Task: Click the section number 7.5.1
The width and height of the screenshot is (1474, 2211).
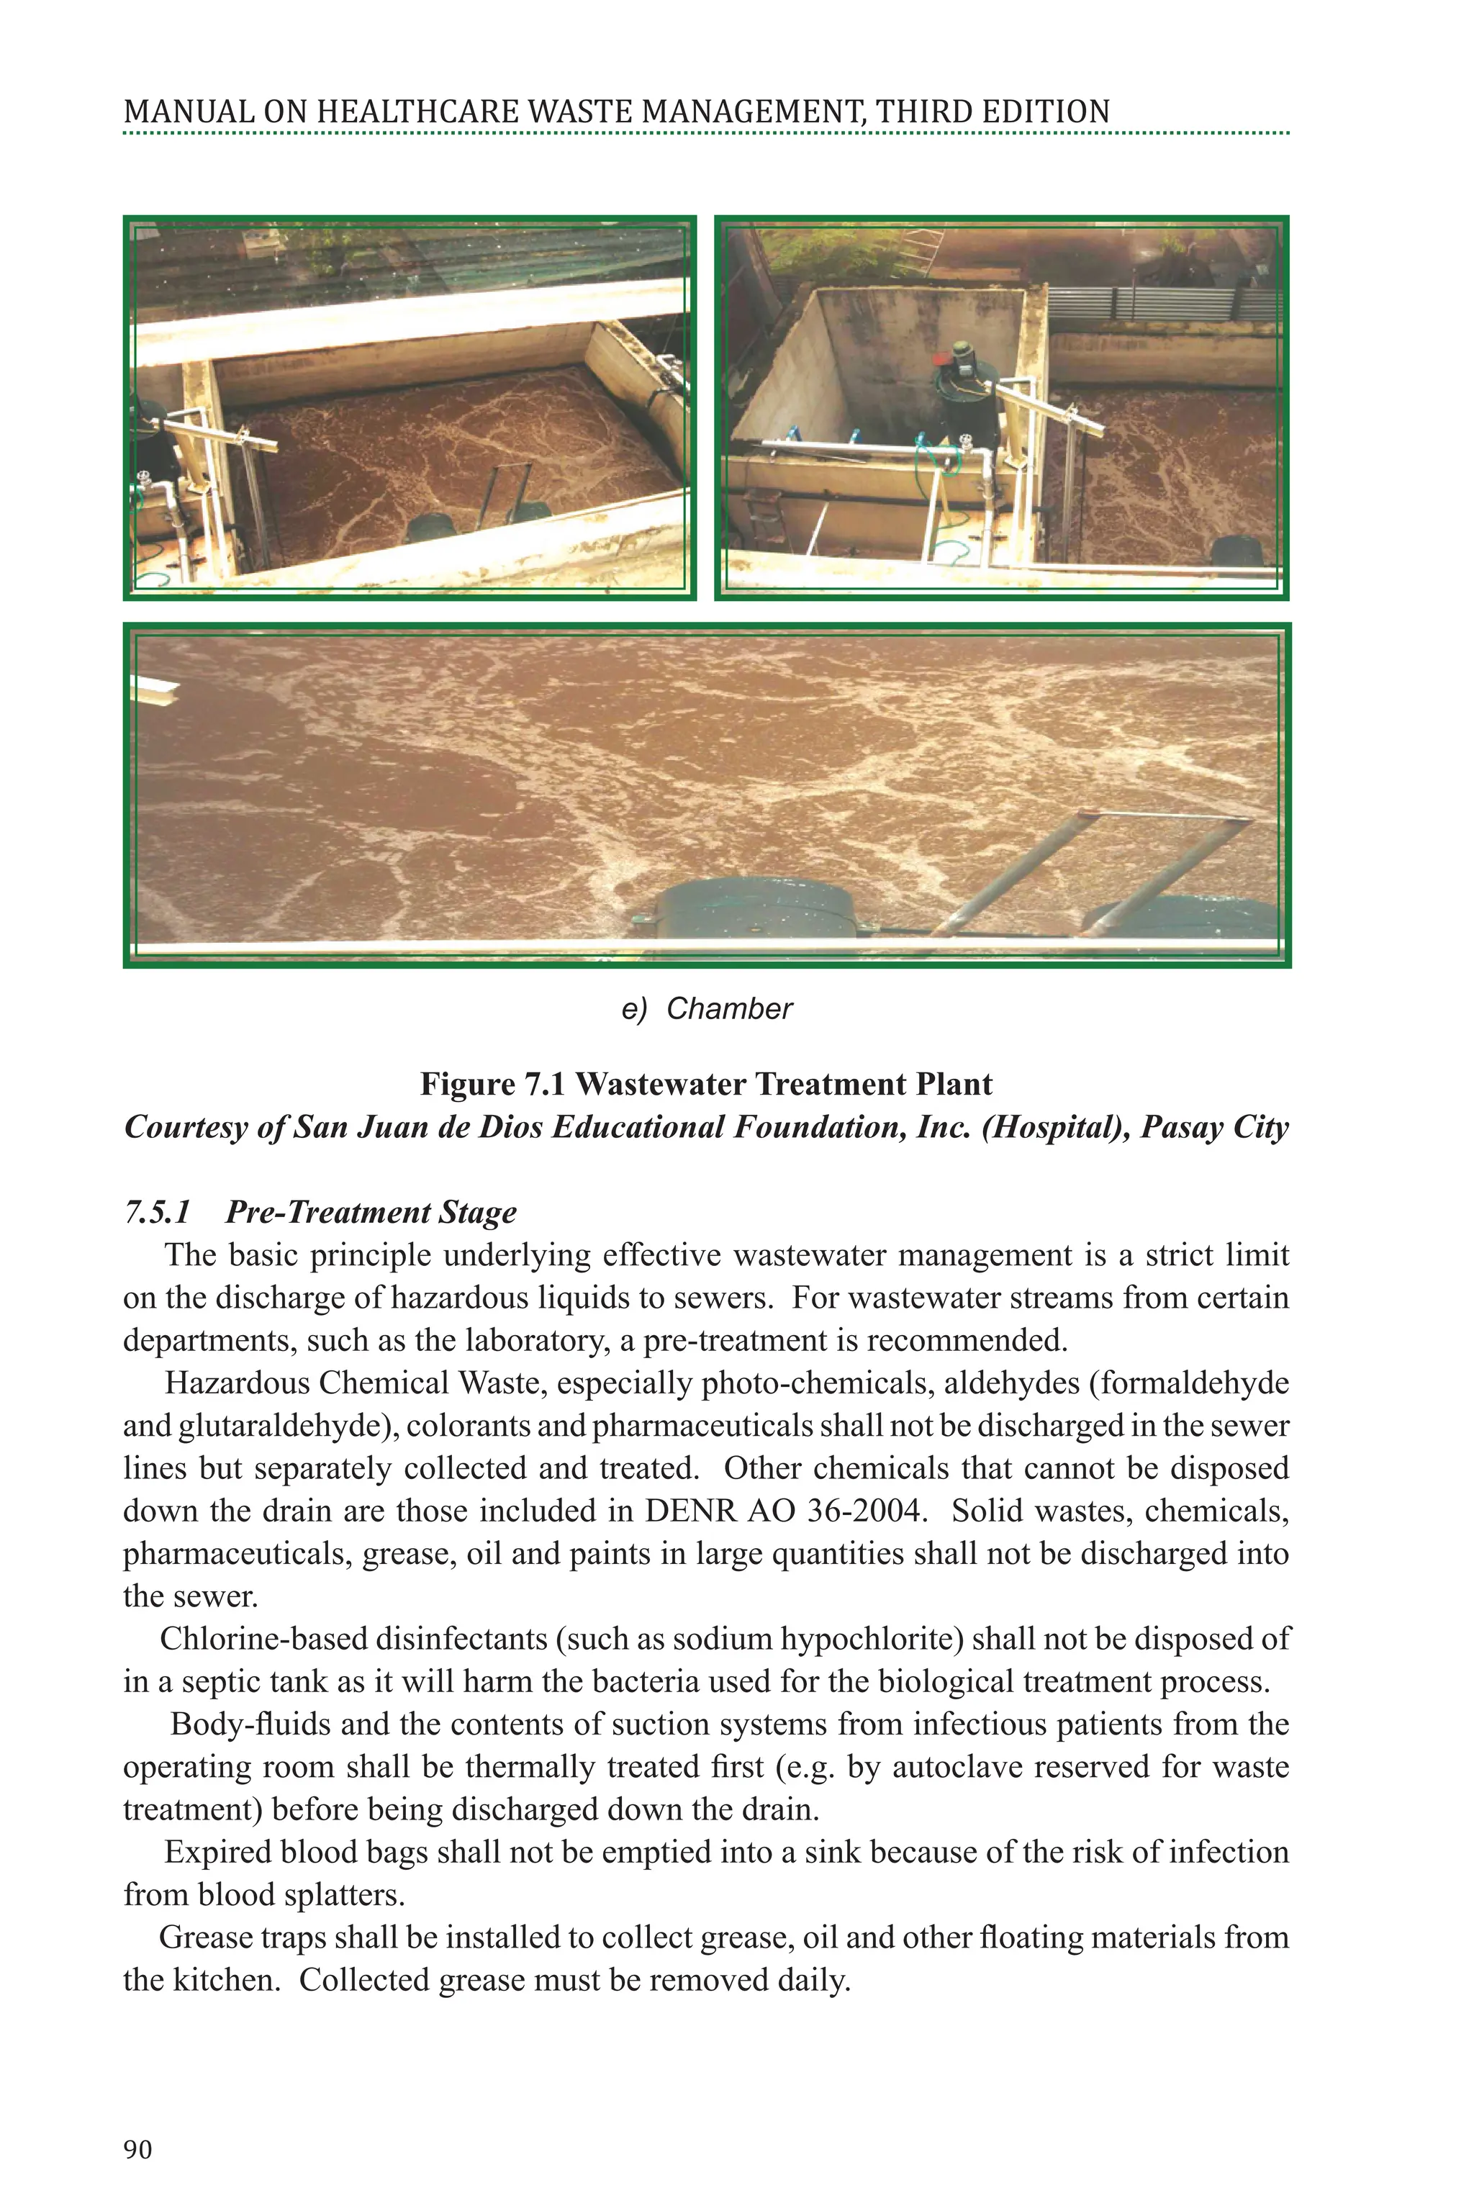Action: [x=157, y=1213]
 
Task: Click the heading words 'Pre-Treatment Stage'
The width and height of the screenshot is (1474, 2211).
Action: [x=371, y=1213]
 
